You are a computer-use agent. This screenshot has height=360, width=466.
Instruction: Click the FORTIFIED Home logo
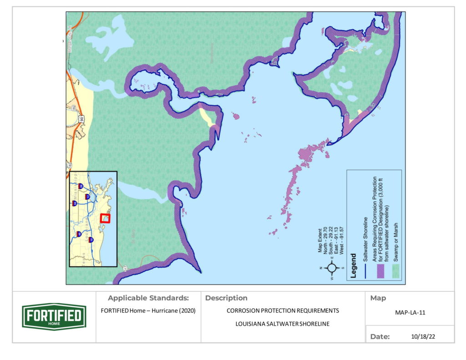pos(54,316)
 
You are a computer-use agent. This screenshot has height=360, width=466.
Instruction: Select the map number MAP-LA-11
pos(410,313)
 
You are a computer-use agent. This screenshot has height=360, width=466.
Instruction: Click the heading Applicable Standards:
pos(148,298)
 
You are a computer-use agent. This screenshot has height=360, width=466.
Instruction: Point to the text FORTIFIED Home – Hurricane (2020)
pos(148,311)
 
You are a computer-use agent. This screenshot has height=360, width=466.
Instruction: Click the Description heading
pos(226,298)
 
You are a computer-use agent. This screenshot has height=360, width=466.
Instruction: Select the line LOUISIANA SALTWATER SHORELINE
pos(283,324)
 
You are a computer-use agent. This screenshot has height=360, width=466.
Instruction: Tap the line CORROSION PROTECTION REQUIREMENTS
pos(283,311)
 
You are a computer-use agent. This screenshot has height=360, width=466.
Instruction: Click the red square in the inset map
pos(105,218)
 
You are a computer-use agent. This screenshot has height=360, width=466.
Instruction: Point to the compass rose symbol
pos(332,267)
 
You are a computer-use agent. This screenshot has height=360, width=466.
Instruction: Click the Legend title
pos(353,267)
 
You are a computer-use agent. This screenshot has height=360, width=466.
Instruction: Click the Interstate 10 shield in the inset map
pos(91,239)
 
